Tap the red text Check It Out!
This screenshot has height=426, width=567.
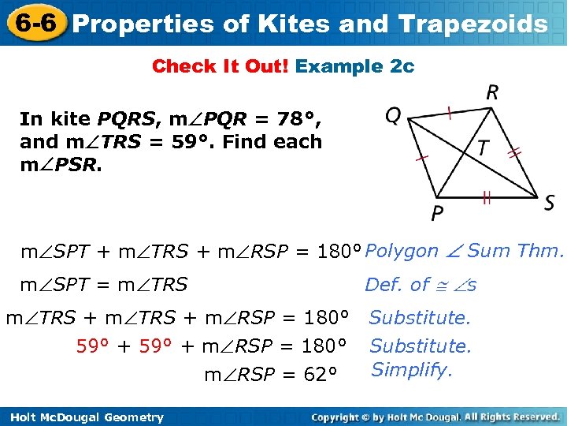[220, 66]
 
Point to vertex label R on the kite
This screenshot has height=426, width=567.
[492, 93]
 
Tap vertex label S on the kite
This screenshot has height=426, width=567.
[549, 203]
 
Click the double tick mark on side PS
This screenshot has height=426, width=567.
[487, 199]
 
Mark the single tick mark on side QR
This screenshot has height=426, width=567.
[448, 114]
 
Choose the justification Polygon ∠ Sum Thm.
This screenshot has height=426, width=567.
[465, 252]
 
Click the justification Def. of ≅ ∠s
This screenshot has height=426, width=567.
[421, 285]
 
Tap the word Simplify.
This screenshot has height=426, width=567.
[411, 369]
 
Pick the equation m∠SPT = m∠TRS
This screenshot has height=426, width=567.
[104, 285]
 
